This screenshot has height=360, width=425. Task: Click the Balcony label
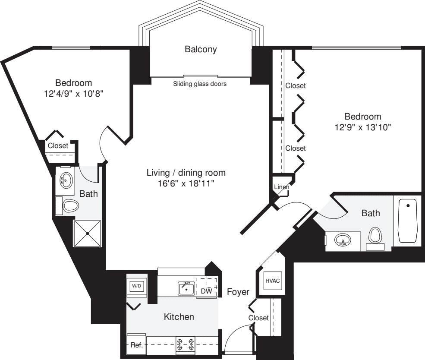point(201,49)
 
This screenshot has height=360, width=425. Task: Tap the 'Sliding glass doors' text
point(200,84)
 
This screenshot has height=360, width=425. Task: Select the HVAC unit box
point(272,281)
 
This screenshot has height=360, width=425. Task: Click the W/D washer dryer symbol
point(136,286)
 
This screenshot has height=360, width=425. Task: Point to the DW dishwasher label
point(207,291)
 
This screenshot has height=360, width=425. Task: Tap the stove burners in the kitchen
point(185,344)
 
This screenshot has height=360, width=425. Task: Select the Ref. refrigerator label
point(136,345)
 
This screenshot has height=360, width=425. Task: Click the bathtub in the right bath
point(407,220)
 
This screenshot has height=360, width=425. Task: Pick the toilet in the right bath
point(375,236)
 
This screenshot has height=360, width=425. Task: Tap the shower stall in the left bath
point(88,234)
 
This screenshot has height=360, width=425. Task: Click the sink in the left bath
point(66,179)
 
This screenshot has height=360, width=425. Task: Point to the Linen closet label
point(281,187)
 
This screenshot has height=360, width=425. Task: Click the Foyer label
point(238,292)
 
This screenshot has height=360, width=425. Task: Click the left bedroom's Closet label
point(58,146)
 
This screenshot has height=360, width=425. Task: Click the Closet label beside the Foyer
point(258,318)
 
